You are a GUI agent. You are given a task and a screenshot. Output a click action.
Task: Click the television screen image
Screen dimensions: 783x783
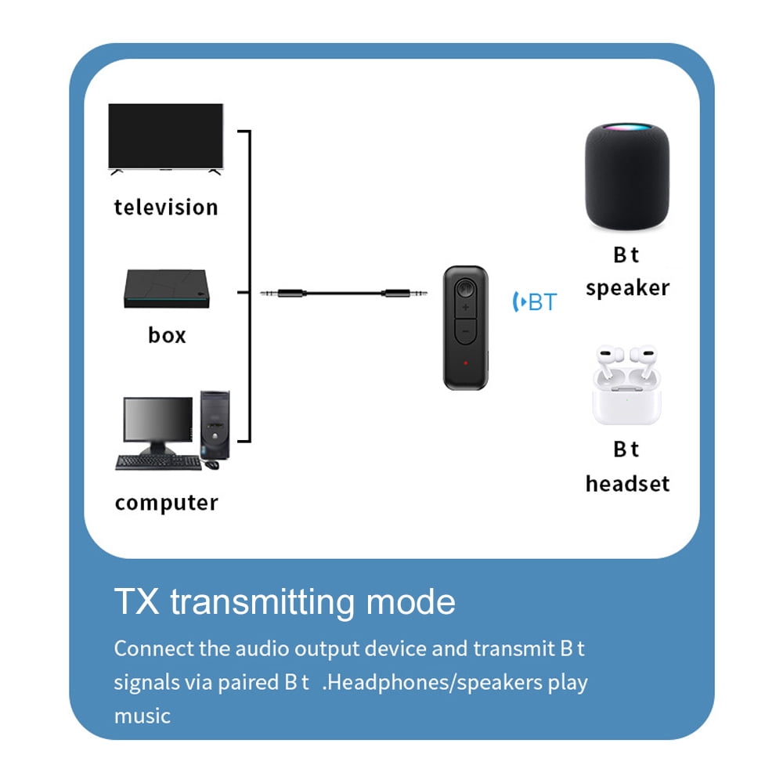tap(165, 137)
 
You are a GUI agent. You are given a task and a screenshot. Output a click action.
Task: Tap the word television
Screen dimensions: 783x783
tap(166, 207)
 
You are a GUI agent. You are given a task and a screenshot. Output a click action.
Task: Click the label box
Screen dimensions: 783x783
tap(167, 336)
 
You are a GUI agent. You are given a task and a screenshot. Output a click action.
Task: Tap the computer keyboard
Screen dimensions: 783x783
tap(157, 462)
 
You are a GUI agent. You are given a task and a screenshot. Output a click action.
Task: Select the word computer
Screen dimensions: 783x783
tap(166, 503)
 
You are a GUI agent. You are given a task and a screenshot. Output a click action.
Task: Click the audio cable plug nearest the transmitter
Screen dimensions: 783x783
tap(407, 294)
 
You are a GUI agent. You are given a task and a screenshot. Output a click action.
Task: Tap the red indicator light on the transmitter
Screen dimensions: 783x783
tap(465, 363)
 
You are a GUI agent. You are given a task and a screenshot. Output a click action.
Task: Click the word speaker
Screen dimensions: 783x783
tap(627, 288)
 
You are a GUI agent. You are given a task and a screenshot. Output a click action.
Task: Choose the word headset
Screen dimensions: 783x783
tap(627, 484)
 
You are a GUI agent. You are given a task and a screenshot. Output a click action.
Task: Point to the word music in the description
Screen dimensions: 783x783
tap(142, 716)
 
